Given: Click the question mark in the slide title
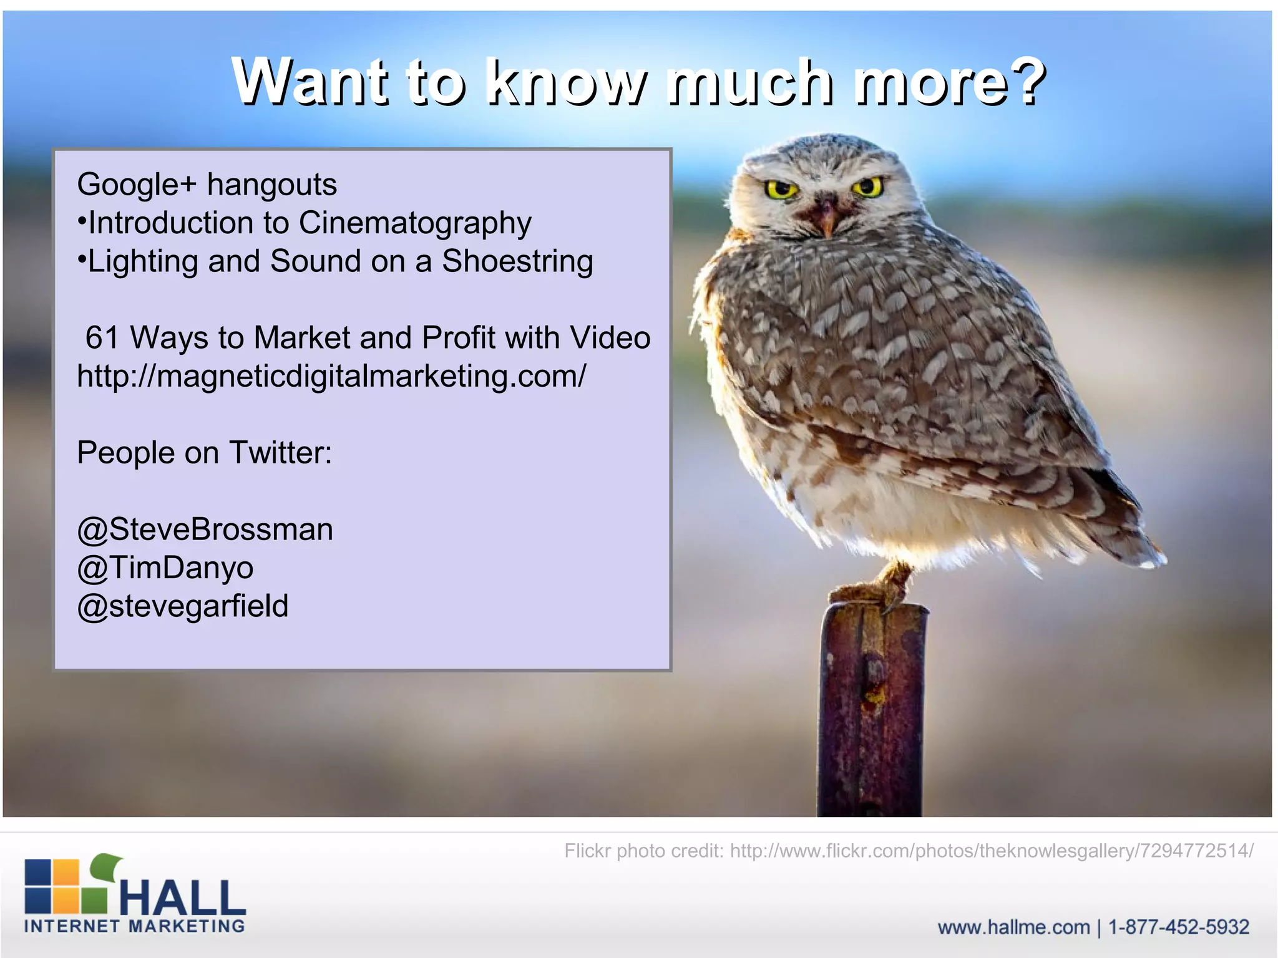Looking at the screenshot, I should pos(1023,81).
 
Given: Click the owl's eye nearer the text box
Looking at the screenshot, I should pos(781,189).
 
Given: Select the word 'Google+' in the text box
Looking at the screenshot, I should pos(136,185).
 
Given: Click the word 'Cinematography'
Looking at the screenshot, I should pos(415,223).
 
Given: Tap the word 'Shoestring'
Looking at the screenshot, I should pos(517,261).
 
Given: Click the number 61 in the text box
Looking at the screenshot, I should pos(102,338).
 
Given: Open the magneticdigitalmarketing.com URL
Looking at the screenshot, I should pos(331,377).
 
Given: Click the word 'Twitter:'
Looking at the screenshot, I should pos(280,453).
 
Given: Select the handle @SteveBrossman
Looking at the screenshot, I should pos(205,530).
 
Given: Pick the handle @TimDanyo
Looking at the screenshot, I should pos(165,568).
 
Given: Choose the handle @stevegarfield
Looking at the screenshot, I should pos(183,606).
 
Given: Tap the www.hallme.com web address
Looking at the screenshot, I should pos(1013,927).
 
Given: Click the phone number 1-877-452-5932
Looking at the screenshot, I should pos(1178,927).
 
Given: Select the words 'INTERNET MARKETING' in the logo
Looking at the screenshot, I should pos(135,926).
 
